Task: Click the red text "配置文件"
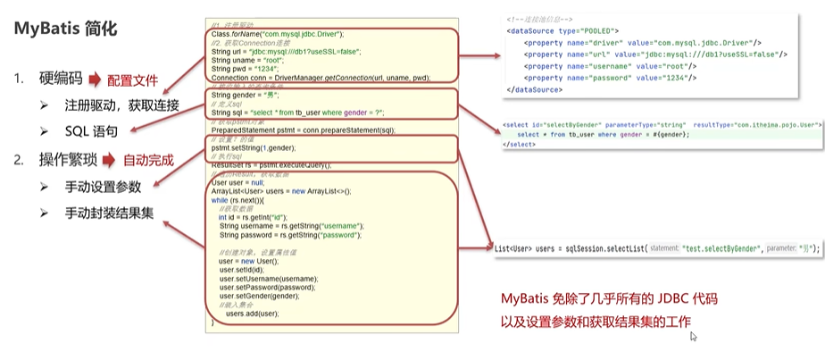coord(137,79)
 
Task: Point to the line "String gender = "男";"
coord(245,95)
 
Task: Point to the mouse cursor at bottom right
coord(693,336)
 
